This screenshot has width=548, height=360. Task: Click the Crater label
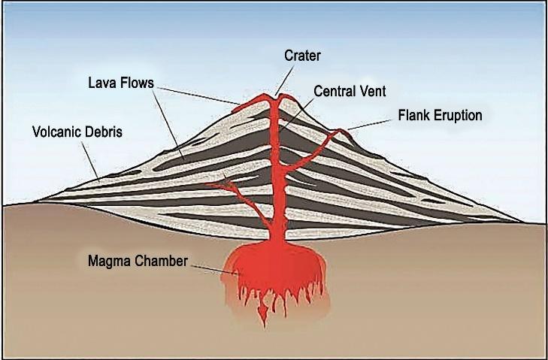[x=301, y=56]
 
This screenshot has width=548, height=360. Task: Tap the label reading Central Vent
[x=349, y=92]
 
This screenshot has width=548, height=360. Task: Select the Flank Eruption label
[x=439, y=116]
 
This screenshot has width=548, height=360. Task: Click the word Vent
[x=372, y=92]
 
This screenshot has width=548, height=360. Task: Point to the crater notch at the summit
[x=277, y=96]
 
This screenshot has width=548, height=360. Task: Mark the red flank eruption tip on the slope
[x=341, y=132]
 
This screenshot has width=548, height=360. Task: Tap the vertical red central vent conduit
[x=276, y=165]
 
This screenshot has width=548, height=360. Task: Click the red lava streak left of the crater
[x=247, y=104]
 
